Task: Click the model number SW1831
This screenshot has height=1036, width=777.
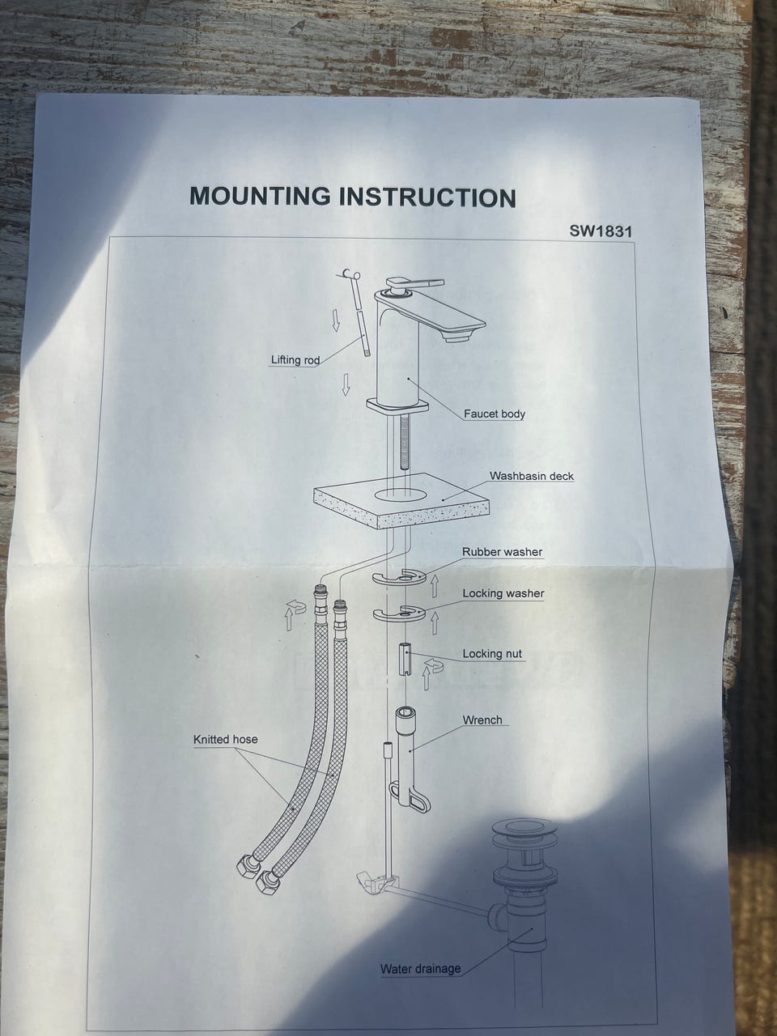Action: pos(600,231)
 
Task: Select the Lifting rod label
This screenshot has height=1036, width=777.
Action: pos(295,360)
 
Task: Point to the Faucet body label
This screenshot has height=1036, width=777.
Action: pos(494,414)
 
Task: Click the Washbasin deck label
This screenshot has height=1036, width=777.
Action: pos(532,476)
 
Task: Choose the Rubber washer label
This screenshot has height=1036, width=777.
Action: pos(502,552)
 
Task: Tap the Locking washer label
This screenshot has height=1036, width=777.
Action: pos(503,593)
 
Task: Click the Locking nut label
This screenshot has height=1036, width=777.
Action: pos(492,654)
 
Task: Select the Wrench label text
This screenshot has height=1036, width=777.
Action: pos(482,720)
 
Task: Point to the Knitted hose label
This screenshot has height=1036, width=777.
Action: pos(226,739)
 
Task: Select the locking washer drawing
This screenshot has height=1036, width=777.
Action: pos(399,613)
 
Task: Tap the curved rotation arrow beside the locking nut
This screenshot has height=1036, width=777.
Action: pos(433,666)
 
